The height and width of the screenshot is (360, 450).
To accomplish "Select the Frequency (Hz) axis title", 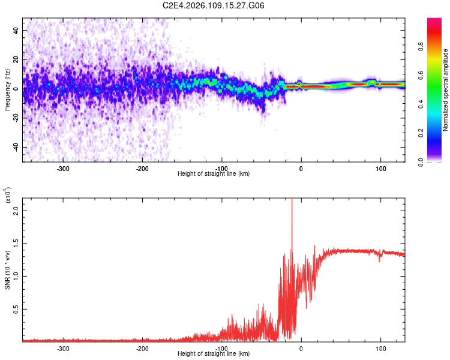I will [7, 89].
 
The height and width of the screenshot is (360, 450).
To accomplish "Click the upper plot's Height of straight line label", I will [214, 173].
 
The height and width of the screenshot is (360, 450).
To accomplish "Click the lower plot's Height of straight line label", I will [214, 353].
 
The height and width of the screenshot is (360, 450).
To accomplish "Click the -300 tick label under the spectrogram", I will [63, 168].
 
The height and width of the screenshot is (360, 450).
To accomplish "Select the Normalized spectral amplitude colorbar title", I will [446, 89].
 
